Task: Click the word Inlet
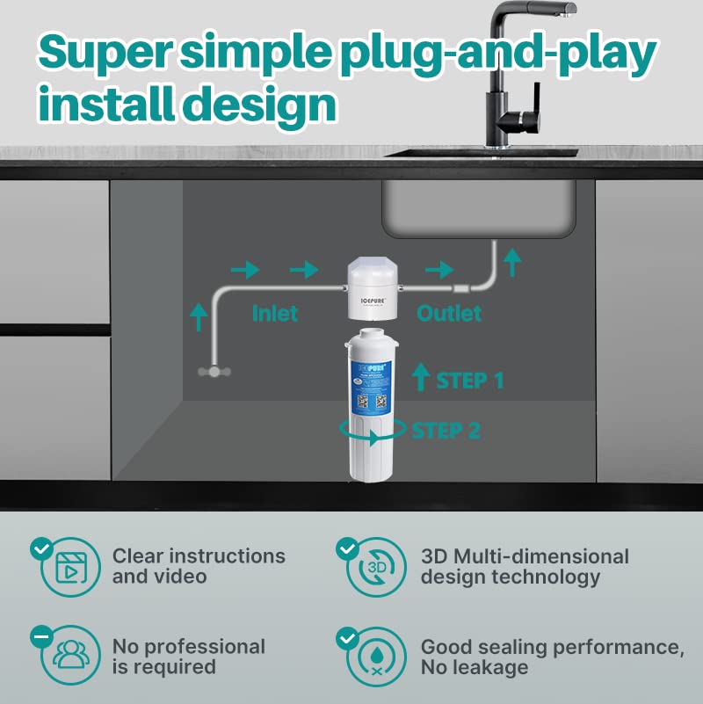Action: click(x=275, y=313)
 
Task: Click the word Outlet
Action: click(x=449, y=313)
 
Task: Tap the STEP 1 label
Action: click(x=470, y=381)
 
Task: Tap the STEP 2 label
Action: click(x=446, y=431)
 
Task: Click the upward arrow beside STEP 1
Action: click(x=421, y=376)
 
